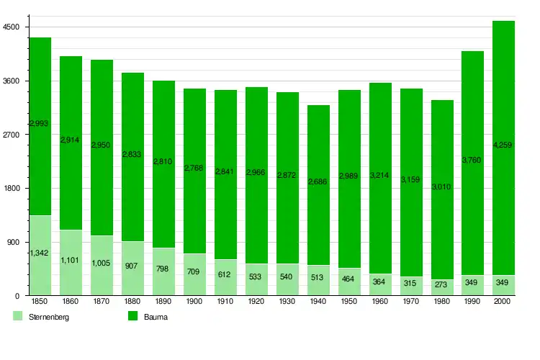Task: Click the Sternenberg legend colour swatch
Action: point(18,316)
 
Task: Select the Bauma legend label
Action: point(156,317)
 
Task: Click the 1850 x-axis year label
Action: point(40,302)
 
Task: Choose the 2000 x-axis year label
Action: point(503,302)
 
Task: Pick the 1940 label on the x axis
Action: point(318,302)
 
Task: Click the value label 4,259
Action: point(503,145)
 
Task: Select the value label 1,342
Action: point(40,253)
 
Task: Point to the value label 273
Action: point(442,285)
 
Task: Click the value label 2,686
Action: point(318,182)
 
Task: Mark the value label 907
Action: point(132,266)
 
